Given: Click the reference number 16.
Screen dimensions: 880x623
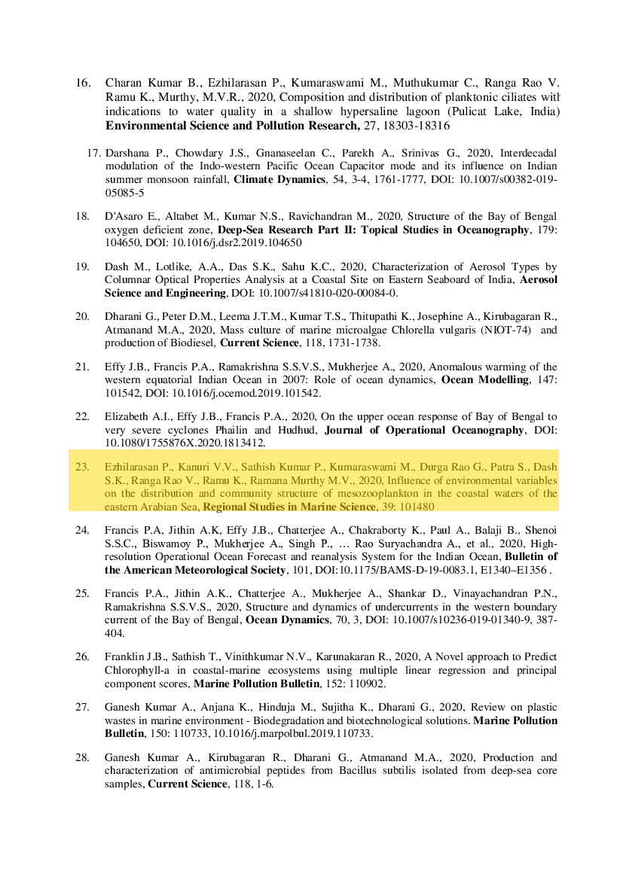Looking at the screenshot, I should [x=83, y=82].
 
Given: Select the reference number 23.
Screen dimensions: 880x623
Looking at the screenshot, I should [x=83, y=467].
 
